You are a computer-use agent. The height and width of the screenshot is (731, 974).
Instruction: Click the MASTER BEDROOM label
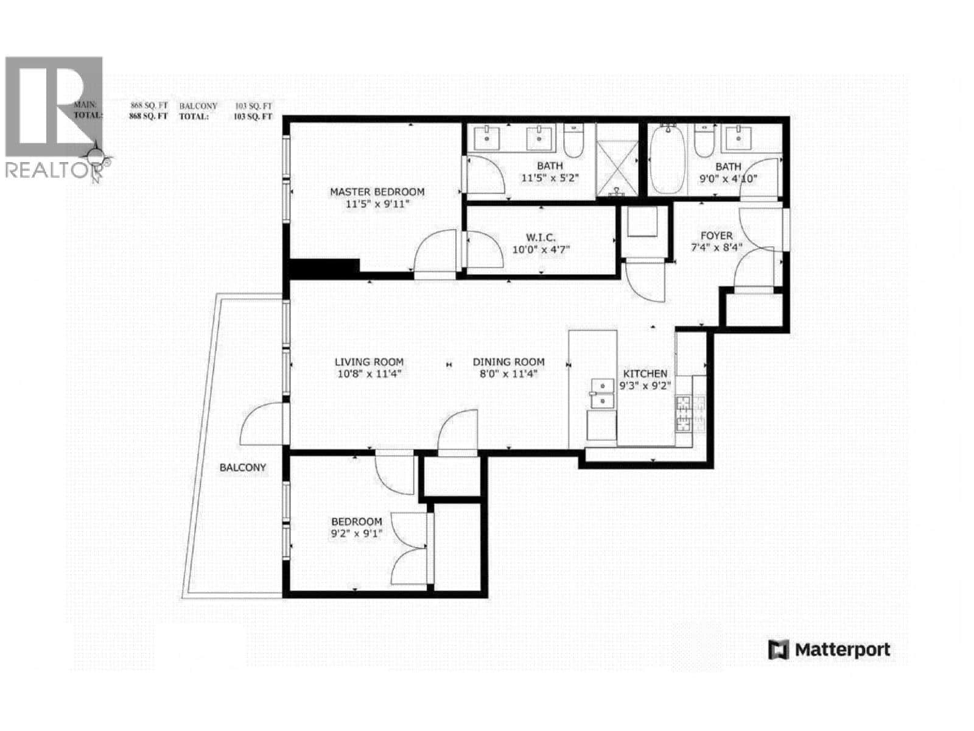click(x=377, y=191)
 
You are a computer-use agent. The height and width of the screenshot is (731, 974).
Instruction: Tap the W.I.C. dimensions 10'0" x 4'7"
click(x=541, y=249)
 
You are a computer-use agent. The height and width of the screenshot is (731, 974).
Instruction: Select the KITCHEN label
click(x=645, y=373)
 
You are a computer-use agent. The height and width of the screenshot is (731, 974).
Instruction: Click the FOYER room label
click(x=716, y=235)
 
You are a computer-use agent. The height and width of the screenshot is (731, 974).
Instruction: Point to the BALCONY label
click(x=242, y=467)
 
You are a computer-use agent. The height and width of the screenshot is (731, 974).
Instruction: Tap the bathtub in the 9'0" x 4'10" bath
click(x=667, y=160)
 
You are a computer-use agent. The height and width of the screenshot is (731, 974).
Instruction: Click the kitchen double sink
click(x=601, y=394)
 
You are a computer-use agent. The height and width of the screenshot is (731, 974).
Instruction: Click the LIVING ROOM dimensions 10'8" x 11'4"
click(x=370, y=373)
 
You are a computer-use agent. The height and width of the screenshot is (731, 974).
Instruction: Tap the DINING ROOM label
click(x=508, y=361)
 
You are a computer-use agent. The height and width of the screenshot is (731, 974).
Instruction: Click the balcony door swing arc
click(x=259, y=423)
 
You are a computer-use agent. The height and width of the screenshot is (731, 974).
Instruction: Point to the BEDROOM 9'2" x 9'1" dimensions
click(x=356, y=534)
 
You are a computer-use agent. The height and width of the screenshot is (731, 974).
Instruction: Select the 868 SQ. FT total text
click(x=148, y=116)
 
